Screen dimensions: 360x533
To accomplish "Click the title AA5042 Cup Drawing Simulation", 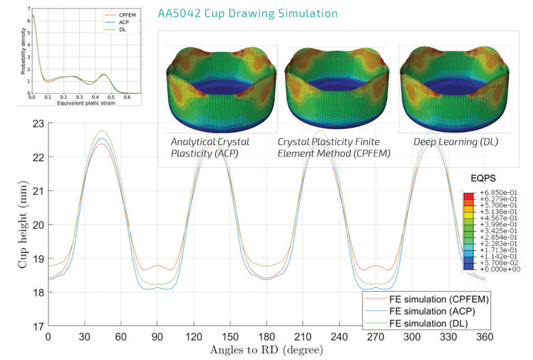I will [x=248, y=13].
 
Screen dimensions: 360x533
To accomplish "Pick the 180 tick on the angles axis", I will [x=266, y=337].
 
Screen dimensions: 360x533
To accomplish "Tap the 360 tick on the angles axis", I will [x=484, y=337].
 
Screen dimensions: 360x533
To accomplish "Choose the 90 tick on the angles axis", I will [x=157, y=337].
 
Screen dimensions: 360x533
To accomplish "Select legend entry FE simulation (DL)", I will [x=432, y=324].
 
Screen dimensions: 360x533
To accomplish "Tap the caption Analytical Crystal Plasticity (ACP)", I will [x=209, y=148].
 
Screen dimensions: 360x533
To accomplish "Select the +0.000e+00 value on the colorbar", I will [x=497, y=269].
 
